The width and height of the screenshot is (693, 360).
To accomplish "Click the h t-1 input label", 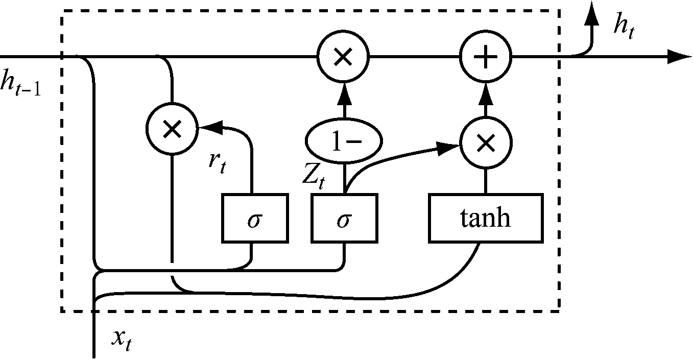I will click(x=20, y=83).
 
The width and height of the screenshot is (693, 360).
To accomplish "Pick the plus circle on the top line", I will click(x=486, y=57).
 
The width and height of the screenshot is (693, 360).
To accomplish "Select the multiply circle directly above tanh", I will click(x=486, y=143).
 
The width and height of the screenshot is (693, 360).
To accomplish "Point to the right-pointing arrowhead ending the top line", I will click(x=679, y=57).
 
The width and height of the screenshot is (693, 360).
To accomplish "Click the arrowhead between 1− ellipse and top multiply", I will click(x=343, y=92).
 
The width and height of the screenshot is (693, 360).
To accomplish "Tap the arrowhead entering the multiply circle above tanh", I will click(x=449, y=148).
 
